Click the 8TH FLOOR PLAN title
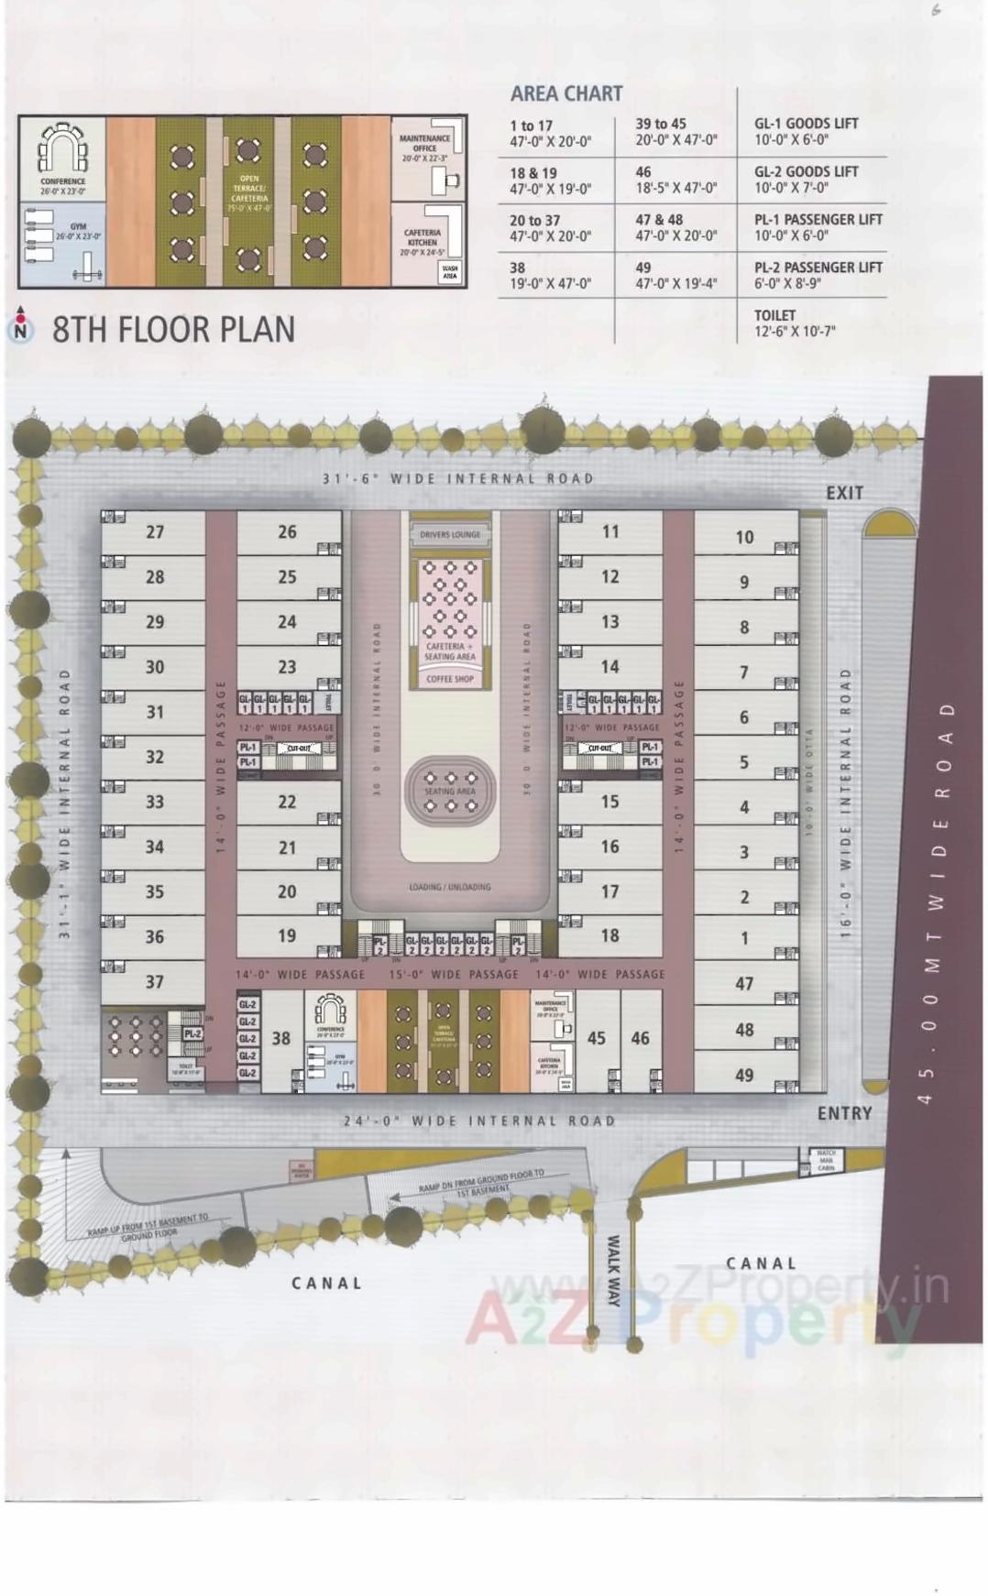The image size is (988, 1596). point(173,330)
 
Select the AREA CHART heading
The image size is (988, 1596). point(565,93)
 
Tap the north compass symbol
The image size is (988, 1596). point(20,328)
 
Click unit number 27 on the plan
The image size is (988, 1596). point(155,531)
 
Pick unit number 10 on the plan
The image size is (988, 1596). point(744,538)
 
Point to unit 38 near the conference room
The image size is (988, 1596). point(280,1038)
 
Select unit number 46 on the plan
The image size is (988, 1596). point(640,1038)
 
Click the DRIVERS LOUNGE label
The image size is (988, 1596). point(450,534)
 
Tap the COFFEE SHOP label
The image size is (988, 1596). point(450,679)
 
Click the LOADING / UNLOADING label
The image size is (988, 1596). point(450,887)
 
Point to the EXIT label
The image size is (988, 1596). point(844,493)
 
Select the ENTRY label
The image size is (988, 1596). point(844,1113)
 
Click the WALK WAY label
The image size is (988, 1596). point(614,1270)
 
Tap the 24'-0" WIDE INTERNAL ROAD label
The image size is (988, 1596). point(479,1120)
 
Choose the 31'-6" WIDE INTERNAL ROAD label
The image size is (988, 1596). point(458,478)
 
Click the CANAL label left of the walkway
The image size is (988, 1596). point(326,1283)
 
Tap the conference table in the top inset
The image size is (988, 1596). point(62,149)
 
